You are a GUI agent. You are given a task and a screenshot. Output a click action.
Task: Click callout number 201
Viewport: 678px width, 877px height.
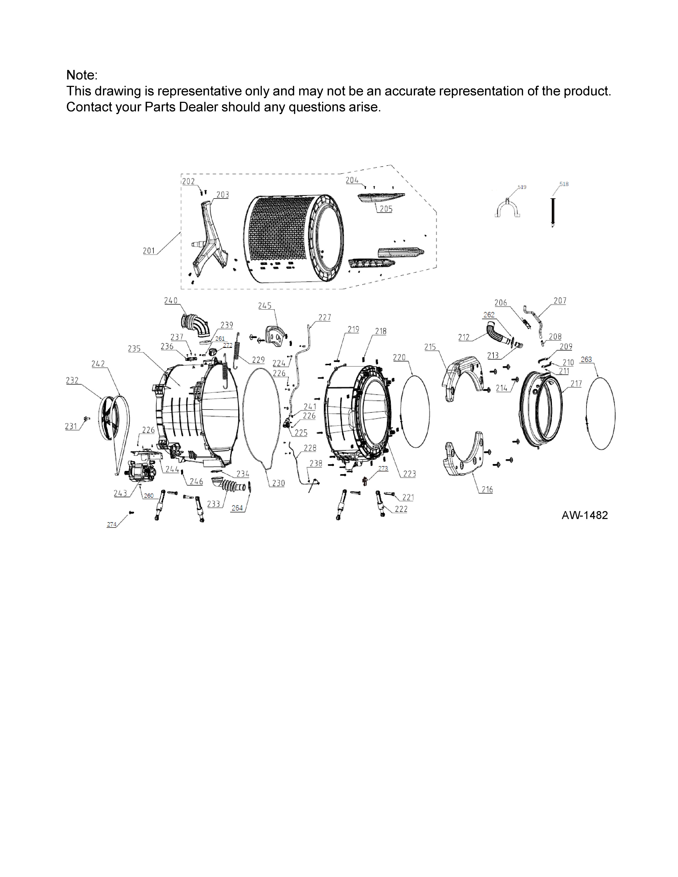149,251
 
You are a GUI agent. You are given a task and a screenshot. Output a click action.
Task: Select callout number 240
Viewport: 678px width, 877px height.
170,300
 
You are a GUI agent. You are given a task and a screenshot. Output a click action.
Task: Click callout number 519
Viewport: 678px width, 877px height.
522,187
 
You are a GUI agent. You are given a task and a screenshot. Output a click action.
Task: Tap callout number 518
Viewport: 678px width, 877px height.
564,184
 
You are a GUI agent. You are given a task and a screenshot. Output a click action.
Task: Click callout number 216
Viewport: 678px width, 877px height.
487,490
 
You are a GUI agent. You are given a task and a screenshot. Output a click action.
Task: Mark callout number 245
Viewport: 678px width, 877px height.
265,306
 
